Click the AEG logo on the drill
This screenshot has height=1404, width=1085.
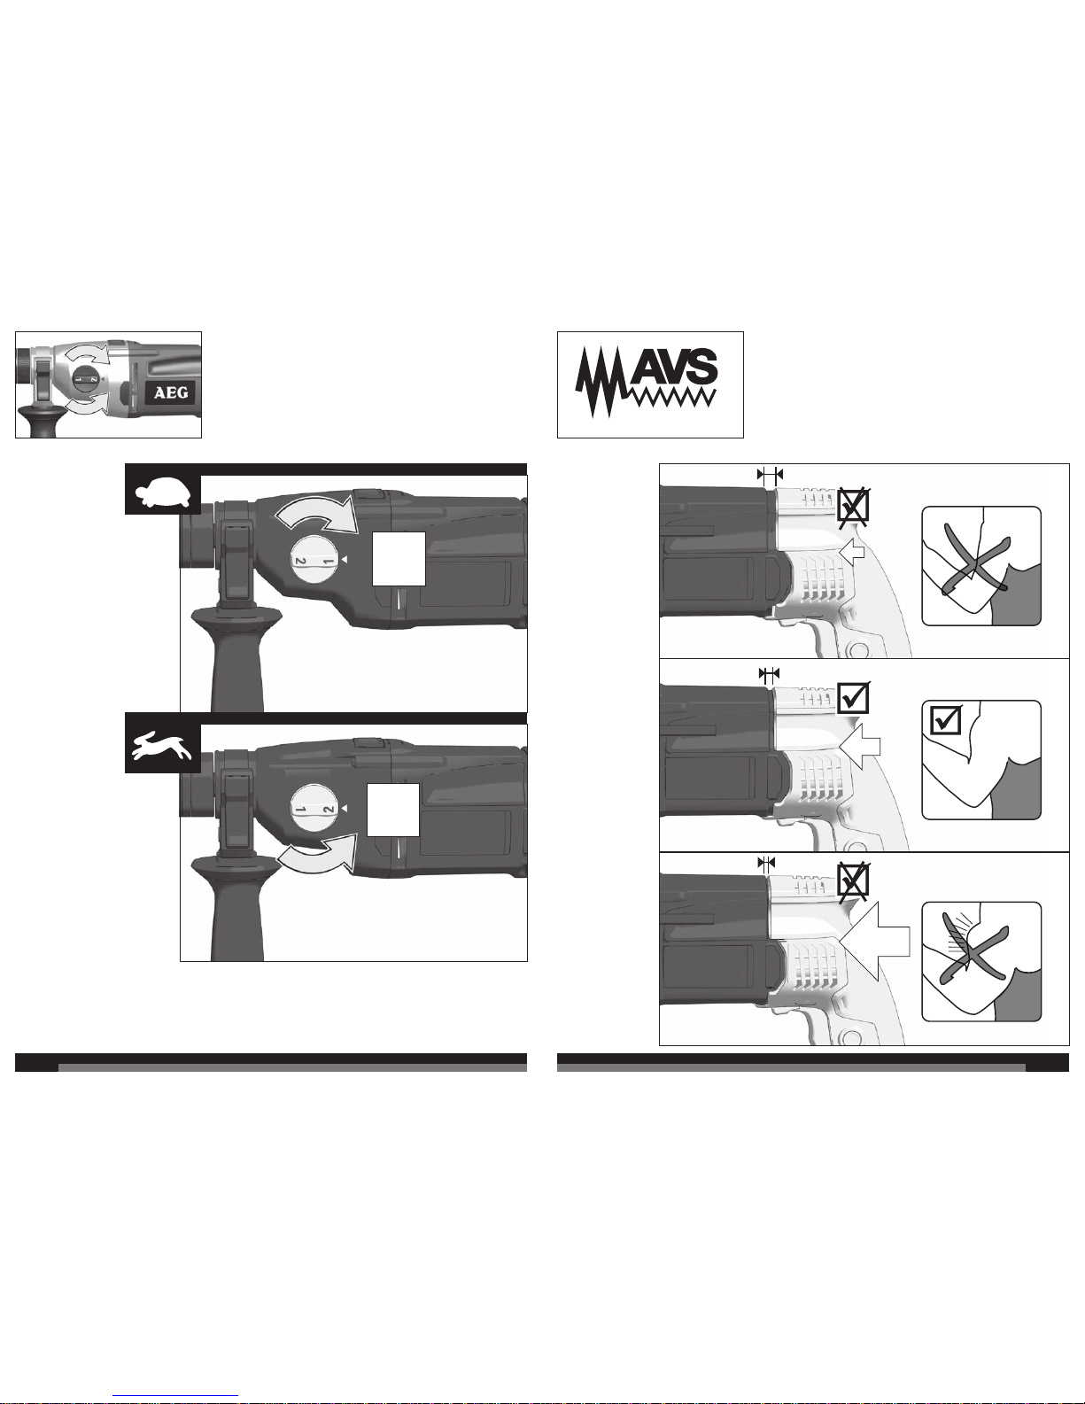[171, 392]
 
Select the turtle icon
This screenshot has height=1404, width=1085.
[163, 493]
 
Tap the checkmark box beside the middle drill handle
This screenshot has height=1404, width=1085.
[853, 697]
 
